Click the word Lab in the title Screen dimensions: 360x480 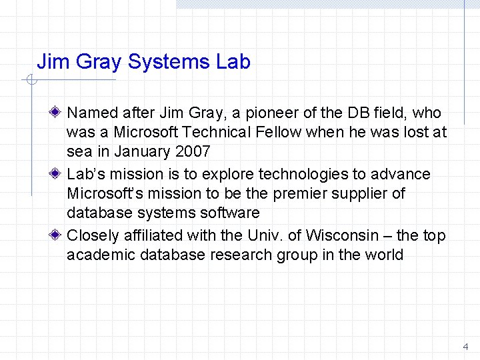point(233,62)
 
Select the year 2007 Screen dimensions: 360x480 point(193,151)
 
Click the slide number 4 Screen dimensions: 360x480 point(465,347)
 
